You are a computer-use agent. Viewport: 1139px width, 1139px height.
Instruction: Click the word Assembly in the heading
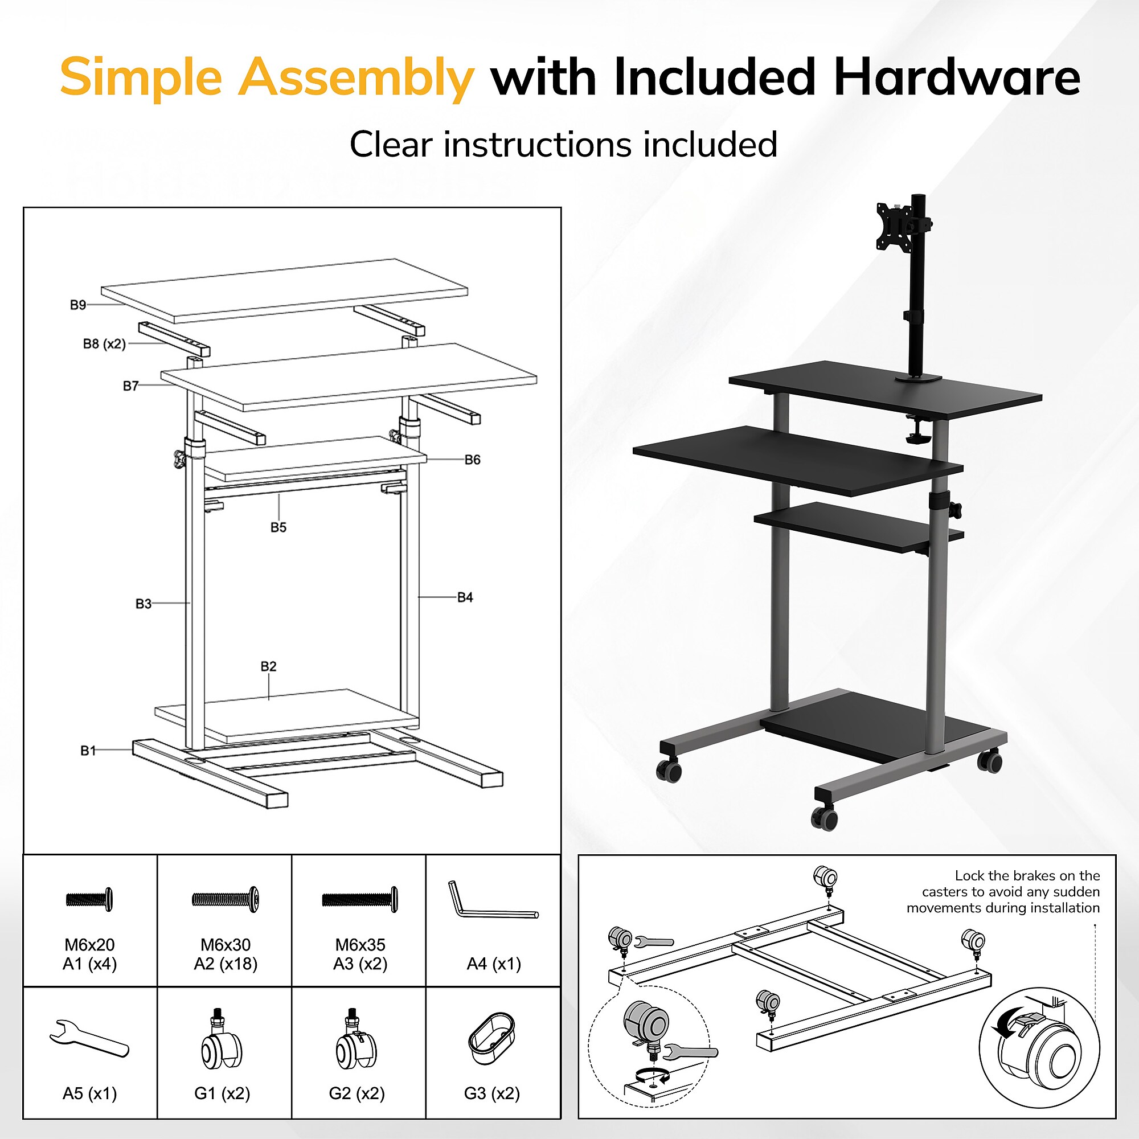point(356,79)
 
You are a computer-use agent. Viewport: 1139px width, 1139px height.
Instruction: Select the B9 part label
point(78,305)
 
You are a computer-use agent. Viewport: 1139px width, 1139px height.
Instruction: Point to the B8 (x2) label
point(104,344)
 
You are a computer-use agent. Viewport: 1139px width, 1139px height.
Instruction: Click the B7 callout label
point(131,386)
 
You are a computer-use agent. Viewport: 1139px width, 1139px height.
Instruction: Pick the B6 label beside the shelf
point(472,460)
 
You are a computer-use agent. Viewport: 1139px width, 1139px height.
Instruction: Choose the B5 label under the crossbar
point(278,527)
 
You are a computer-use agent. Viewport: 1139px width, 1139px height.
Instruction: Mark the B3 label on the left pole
point(144,604)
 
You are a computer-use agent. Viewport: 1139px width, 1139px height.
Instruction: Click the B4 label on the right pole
point(465,597)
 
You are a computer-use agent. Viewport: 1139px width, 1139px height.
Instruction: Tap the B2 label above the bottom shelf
point(268,666)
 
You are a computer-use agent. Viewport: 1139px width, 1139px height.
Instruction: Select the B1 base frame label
point(88,751)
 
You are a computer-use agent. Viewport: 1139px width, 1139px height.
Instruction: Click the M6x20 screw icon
point(89,900)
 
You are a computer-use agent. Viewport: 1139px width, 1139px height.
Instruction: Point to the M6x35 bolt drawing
point(359,900)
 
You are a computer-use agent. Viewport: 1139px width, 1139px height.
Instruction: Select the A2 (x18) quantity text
point(226,964)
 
